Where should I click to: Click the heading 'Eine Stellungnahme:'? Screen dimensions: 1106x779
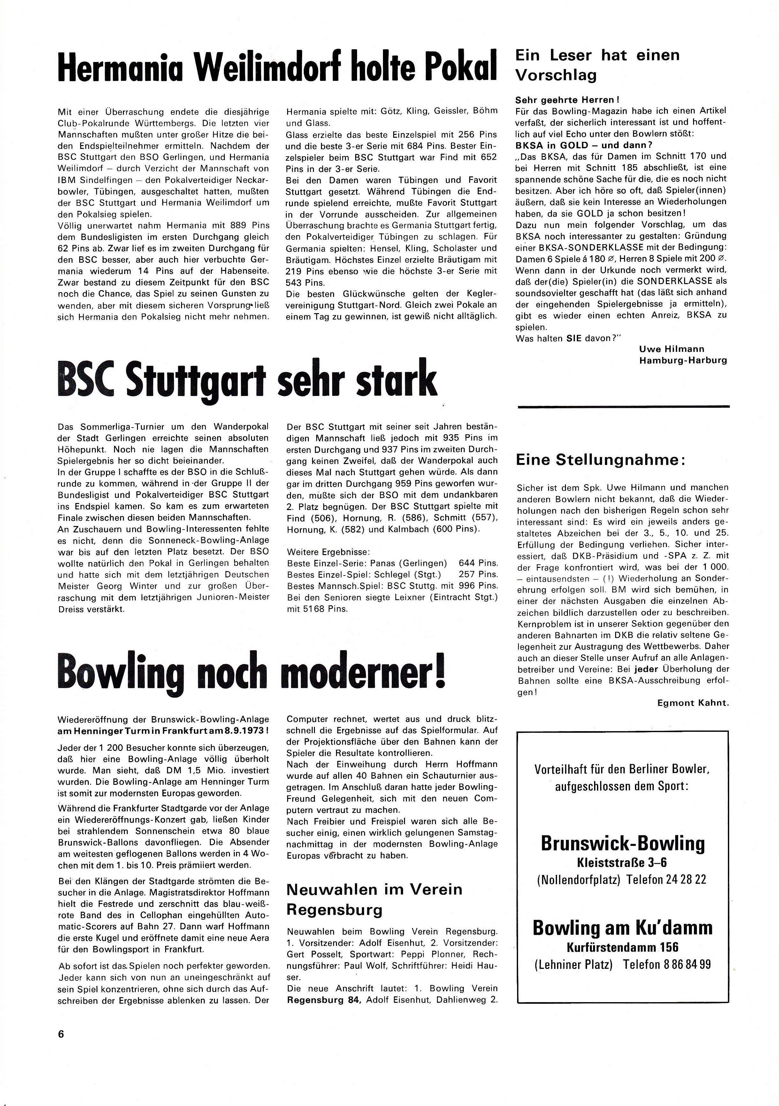coord(600,460)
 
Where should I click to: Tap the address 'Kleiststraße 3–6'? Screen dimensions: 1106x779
coord(622,862)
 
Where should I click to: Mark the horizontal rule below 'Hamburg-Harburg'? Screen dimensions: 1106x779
coord(623,407)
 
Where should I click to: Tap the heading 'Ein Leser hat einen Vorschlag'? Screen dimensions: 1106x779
coord(597,65)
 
